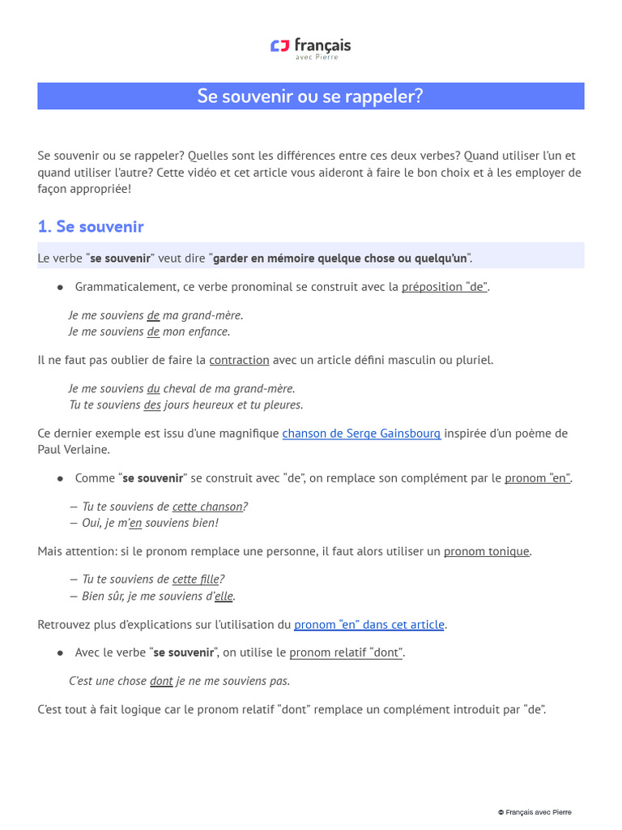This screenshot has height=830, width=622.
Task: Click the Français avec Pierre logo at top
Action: pyautogui.click(x=310, y=48)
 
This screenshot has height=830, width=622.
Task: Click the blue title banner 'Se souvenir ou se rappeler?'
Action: pyautogui.click(x=310, y=96)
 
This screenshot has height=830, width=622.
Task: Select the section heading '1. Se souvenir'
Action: pyautogui.click(x=91, y=227)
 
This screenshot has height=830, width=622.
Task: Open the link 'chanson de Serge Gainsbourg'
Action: pyautogui.click(x=361, y=434)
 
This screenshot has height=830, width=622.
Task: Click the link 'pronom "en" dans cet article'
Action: pyautogui.click(x=369, y=625)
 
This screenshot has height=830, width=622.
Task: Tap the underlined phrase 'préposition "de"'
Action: pyautogui.click(x=445, y=287)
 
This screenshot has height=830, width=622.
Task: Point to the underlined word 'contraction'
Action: pyautogui.click(x=239, y=360)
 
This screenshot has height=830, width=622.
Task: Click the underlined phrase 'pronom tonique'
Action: pyautogui.click(x=486, y=552)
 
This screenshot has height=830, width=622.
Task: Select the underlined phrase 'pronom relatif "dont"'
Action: pyautogui.click(x=345, y=652)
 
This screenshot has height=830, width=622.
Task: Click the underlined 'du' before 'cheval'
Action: pyautogui.click(x=153, y=388)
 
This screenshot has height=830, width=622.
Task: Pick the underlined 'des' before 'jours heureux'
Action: pyautogui.click(x=152, y=404)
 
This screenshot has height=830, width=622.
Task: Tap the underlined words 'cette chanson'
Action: pyautogui.click(x=207, y=507)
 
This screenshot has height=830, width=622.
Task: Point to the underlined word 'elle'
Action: pyautogui.click(x=224, y=596)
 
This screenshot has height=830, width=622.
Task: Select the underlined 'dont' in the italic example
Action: pyautogui.click(x=161, y=681)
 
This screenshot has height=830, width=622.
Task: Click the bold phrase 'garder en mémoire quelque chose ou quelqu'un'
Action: pyautogui.click(x=340, y=259)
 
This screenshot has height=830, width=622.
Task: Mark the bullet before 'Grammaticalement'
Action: pyautogui.click(x=60, y=288)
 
